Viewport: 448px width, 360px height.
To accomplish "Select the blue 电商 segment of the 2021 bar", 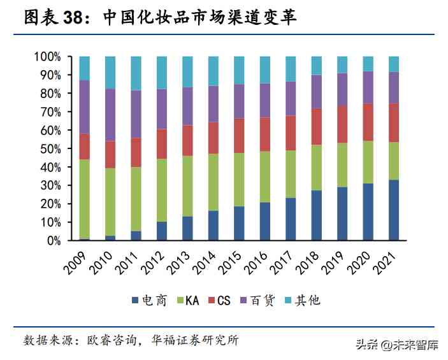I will tap(393, 210).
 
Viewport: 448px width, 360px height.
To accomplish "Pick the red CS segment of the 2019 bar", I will tap(342, 124).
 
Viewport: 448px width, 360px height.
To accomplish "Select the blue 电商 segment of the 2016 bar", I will tap(264, 222).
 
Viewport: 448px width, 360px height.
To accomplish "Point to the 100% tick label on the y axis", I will tap(47, 57).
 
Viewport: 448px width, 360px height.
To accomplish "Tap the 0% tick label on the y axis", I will tap(52, 241).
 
